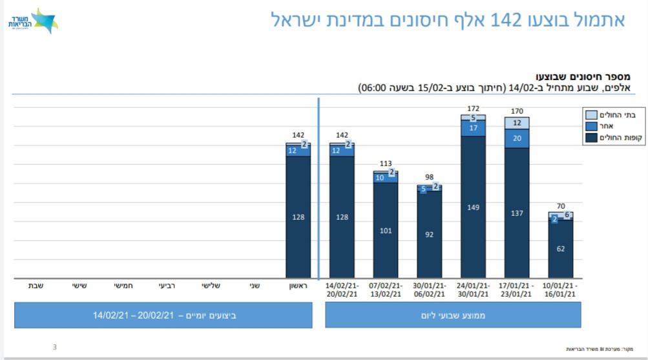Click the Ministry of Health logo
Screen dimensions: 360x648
pos(33,21)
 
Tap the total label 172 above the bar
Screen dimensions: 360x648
pos(473,109)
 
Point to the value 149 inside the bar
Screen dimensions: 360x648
pos(473,207)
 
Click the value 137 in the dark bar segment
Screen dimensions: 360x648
pos(517,213)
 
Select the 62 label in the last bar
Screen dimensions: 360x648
pos(561,248)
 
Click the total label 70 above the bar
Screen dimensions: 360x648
pos(561,206)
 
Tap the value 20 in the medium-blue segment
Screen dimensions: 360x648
pos(517,138)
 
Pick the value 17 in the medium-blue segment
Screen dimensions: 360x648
pos(473,128)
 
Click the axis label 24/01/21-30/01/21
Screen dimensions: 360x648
pos(473,290)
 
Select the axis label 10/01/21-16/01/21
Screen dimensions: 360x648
pos(561,290)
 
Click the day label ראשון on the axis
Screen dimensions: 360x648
pos(298,286)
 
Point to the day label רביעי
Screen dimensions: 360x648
pos(167,286)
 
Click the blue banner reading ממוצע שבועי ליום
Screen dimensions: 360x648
pos(453,315)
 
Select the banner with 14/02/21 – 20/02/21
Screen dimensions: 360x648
pos(163,315)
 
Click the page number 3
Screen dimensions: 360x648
pos(54,347)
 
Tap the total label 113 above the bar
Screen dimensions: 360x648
pos(386,164)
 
